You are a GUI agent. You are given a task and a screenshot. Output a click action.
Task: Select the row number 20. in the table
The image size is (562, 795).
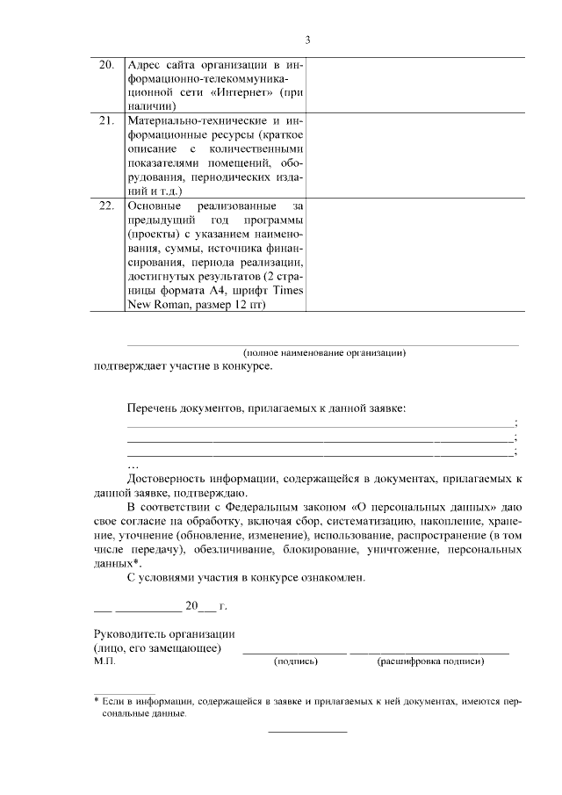point(105,67)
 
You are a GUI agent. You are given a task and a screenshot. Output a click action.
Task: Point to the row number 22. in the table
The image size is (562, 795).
point(105,206)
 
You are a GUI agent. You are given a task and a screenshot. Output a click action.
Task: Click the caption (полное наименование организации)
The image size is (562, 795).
point(324,352)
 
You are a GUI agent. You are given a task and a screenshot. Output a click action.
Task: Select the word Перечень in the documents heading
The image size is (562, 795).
point(153,408)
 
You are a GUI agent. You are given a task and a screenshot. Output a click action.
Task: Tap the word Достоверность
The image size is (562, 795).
point(170,478)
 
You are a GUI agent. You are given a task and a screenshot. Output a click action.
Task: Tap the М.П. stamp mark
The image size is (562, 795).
point(104,661)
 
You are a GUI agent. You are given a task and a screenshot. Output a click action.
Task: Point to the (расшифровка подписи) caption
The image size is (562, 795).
point(430,661)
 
